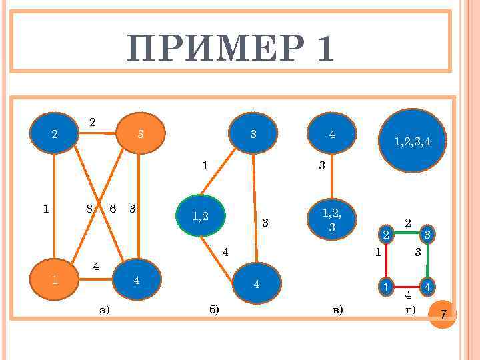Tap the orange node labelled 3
[141, 134]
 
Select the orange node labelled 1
[55, 280]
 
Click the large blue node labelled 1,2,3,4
[412, 141]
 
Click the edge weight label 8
[89, 208]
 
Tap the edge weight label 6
[113, 208]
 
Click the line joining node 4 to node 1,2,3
[331, 177]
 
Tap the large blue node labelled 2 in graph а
[55, 134]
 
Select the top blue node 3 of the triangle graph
[253, 134]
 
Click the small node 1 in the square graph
[385, 287]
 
